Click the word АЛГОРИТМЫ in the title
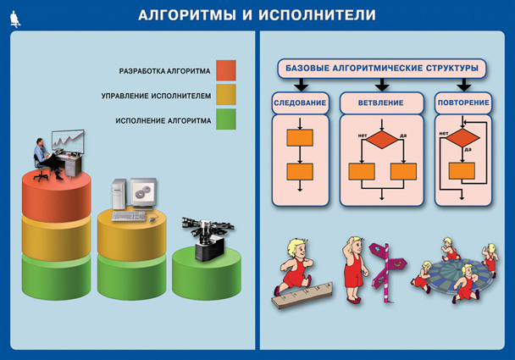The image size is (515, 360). point(187,15)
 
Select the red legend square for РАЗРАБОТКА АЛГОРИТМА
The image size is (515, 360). point(226,70)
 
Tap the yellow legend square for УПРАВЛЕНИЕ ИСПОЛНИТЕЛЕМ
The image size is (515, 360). point(226,95)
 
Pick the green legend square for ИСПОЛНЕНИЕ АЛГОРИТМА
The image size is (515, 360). point(226,119)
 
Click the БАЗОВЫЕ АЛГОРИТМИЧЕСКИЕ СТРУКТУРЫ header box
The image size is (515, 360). point(382,69)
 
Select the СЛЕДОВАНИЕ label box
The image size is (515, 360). point(300,102)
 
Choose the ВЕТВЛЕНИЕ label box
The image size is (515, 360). point(381,102)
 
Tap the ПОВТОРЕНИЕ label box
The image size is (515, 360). point(463,102)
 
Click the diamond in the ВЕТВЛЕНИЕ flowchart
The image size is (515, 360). point(382,139)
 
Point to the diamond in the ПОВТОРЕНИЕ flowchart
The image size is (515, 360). point(462,137)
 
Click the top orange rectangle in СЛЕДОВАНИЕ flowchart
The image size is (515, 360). point(300,137)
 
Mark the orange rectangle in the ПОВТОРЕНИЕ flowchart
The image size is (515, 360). point(462,171)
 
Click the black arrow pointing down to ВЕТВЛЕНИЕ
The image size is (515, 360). point(382,85)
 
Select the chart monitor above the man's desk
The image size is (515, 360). point(68,141)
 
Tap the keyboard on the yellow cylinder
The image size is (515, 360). point(129,216)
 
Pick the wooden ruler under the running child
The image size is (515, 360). point(302,295)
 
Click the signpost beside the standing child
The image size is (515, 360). point(386,272)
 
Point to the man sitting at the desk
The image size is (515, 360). point(47,159)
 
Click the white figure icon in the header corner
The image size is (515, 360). point(15,19)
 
